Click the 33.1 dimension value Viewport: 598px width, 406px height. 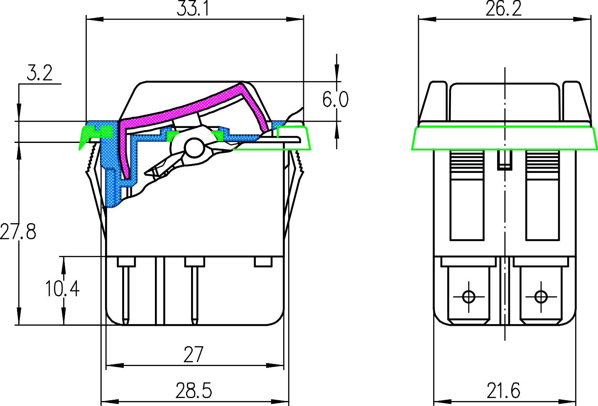coord(194,9)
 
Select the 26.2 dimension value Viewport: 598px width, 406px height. coord(503,9)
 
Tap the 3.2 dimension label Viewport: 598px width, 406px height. coord(40,73)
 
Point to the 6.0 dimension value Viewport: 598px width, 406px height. coord(336,100)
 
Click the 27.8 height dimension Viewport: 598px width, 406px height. coord(18,231)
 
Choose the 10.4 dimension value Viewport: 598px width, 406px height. coord(62,288)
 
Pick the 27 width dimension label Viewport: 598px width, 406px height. coord(194,354)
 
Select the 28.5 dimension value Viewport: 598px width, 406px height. coord(194,391)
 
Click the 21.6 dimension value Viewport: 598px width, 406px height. coord(503,391)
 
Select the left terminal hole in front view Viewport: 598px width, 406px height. coord(469,297)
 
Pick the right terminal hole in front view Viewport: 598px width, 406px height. coord(540,297)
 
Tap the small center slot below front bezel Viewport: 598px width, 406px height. coord(504,160)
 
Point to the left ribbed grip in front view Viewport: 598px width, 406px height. coord(467,160)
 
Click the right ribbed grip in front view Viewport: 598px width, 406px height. coord(542,160)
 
